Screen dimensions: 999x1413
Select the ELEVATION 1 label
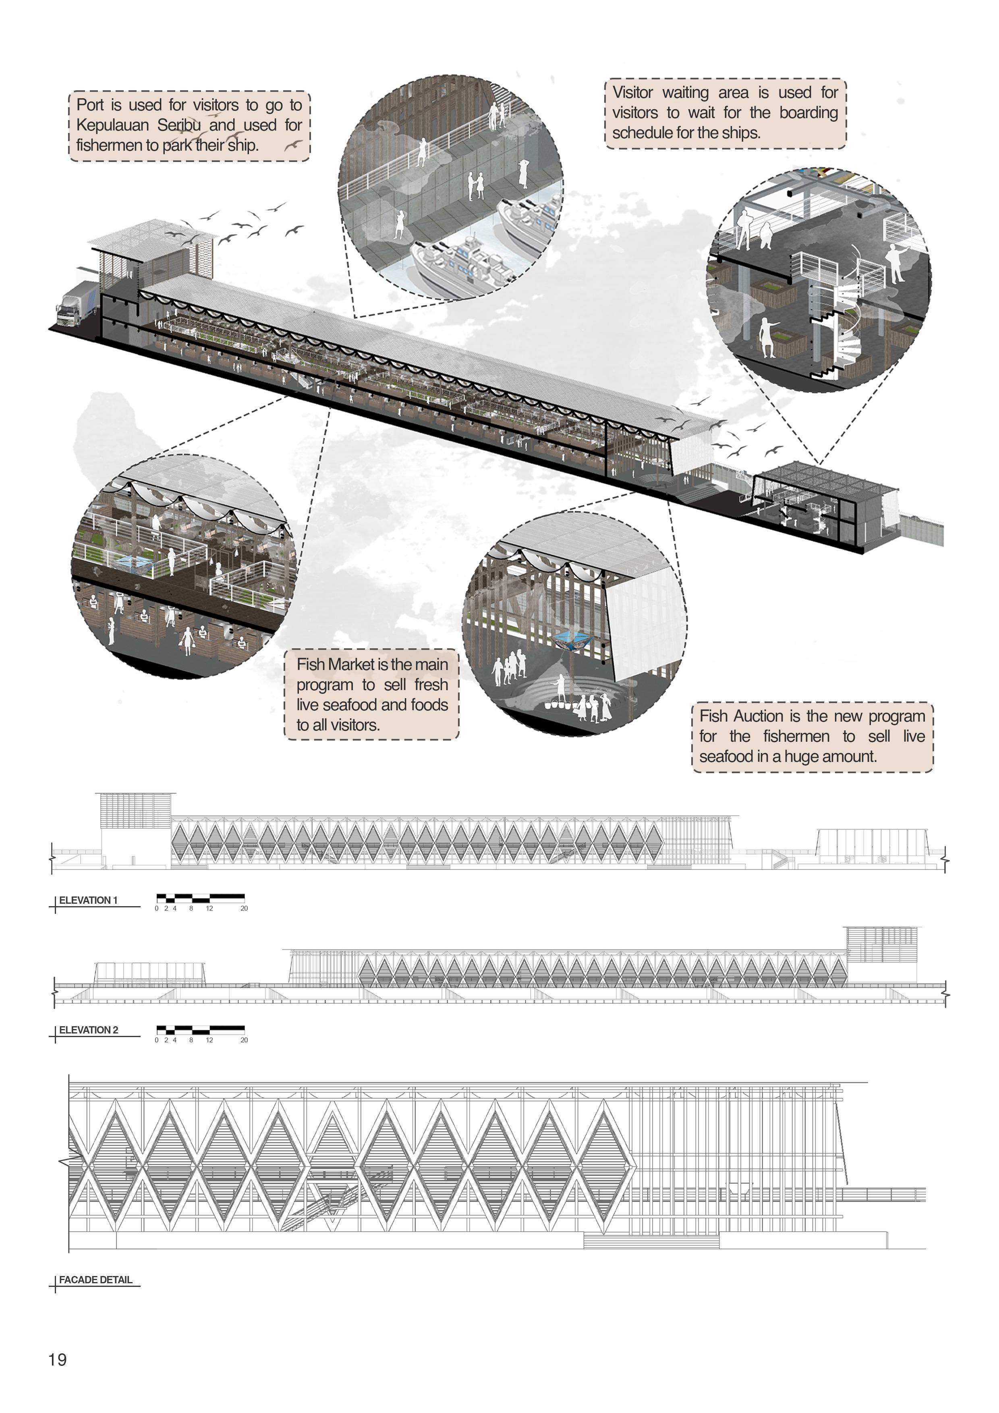(x=88, y=901)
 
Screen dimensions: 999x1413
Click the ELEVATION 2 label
(x=88, y=1030)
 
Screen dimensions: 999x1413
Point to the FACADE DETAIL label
(x=95, y=1280)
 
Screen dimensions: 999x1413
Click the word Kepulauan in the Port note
(x=112, y=125)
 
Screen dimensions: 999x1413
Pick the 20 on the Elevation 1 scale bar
(x=244, y=908)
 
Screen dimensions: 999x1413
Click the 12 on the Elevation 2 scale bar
(x=209, y=1040)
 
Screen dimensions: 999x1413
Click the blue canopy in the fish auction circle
(x=572, y=640)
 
